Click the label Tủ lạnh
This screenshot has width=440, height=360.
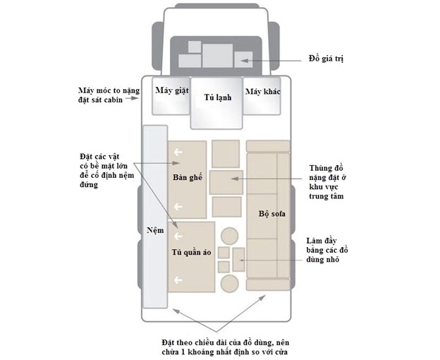point(218,97)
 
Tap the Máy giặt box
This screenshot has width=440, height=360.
point(171,96)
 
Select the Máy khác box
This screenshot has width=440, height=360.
point(262,96)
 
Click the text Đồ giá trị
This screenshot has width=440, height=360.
point(326,59)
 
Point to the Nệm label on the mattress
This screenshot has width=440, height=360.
point(155,231)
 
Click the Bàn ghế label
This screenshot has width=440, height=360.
point(188,177)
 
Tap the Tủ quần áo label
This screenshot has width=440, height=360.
point(191,252)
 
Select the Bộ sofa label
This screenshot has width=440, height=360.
point(272,214)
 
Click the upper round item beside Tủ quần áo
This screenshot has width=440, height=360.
point(230,236)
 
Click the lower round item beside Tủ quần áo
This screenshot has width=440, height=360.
point(230,283)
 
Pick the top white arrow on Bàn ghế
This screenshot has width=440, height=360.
point(178,152)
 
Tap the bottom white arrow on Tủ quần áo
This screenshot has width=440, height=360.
point(178,280)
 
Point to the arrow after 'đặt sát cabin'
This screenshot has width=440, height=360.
point(132,98)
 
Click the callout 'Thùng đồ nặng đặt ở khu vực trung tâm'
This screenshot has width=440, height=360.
point(326,182)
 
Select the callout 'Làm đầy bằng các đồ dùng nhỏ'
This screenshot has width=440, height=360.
point(327,250)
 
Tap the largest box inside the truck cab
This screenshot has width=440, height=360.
point(218,56)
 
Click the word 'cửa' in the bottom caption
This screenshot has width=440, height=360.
point(280,352)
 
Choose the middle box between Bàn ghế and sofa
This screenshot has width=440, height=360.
point(226,182)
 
